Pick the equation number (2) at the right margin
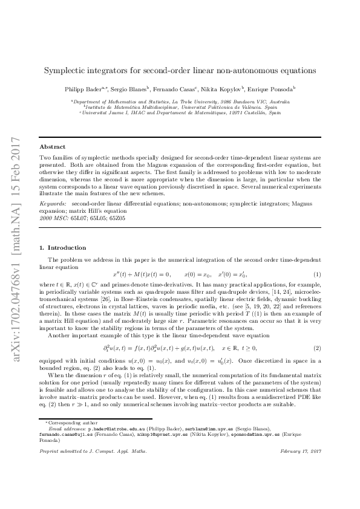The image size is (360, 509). (316, 348)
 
